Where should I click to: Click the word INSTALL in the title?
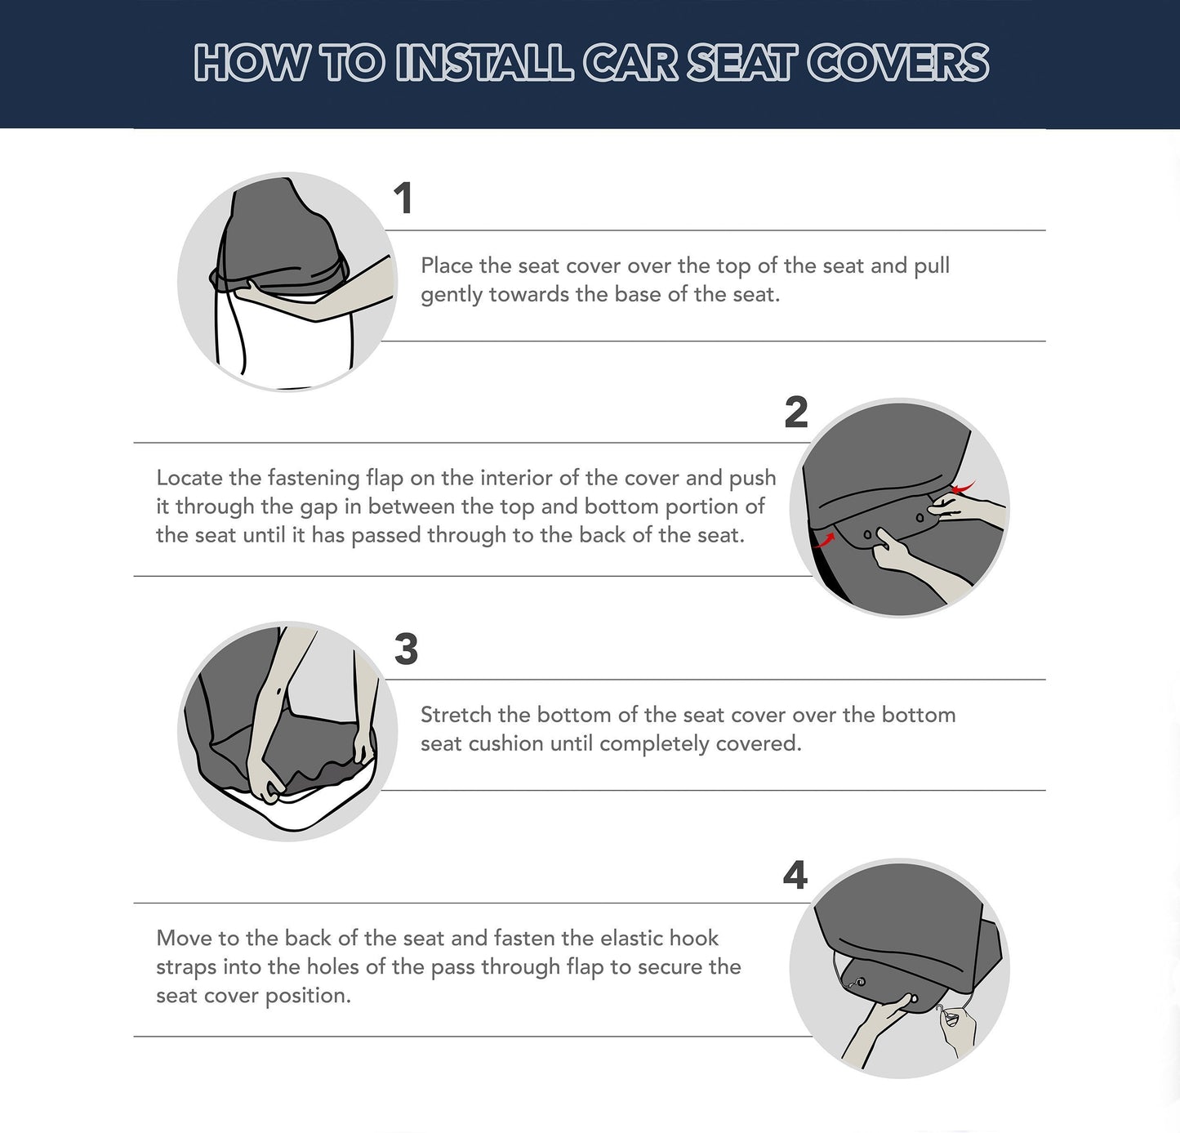484,63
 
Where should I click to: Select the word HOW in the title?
252,63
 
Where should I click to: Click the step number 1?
403,198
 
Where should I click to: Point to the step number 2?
795,413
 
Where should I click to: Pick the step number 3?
406,650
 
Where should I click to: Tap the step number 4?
795,876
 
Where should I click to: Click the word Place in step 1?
446,265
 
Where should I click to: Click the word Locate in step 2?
189,478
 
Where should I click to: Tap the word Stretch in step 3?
456,715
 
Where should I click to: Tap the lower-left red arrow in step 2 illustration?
825,540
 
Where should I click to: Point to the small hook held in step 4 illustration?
947,1017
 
